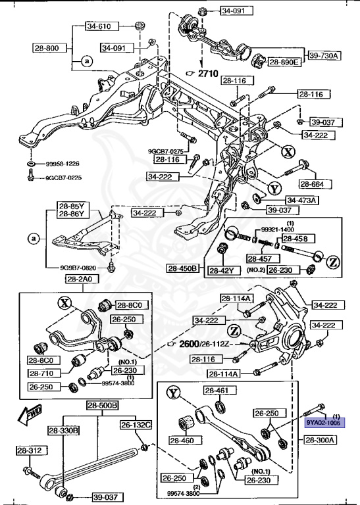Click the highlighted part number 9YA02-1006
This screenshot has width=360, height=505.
pyautogui.click(x=322, y=423)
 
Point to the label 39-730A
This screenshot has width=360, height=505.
pyautogui.click(x=324, y=56)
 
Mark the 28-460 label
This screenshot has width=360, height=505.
pyautogui.click(x=183, y=441)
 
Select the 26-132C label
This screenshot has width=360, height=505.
pyautogui.click(x=136, y=425)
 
